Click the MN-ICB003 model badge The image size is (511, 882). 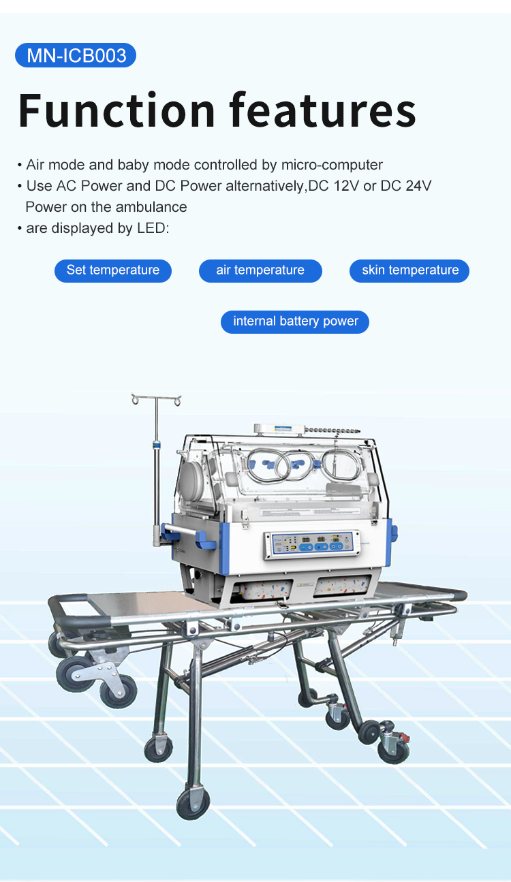click(76, 55)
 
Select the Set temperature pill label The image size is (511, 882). click(113, 270)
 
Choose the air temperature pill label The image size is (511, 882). click(260, 270)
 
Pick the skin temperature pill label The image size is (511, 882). click(409, 270)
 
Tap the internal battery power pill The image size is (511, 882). click(295, 321)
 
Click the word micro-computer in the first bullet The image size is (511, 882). click(332, 165)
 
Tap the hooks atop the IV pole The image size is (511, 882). click(157, 399)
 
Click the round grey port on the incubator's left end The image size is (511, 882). click(191, 480)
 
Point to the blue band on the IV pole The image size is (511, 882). click(157, 445)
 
